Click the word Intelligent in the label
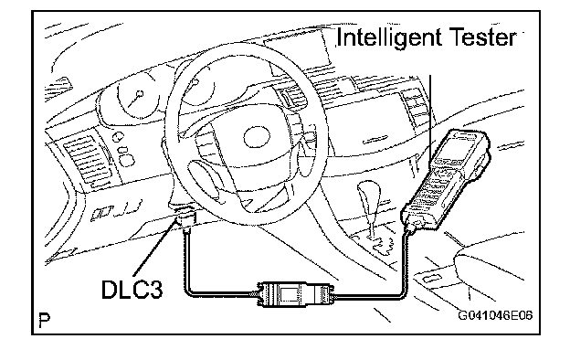[389, 38]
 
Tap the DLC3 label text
[132, 290]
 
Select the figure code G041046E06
[495, 315]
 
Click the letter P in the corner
[45, 320]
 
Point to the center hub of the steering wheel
[257, 137]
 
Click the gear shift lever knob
[369, 194]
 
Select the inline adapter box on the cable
[293, 294]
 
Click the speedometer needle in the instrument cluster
[135, 100]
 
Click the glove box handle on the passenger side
[375, 139]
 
